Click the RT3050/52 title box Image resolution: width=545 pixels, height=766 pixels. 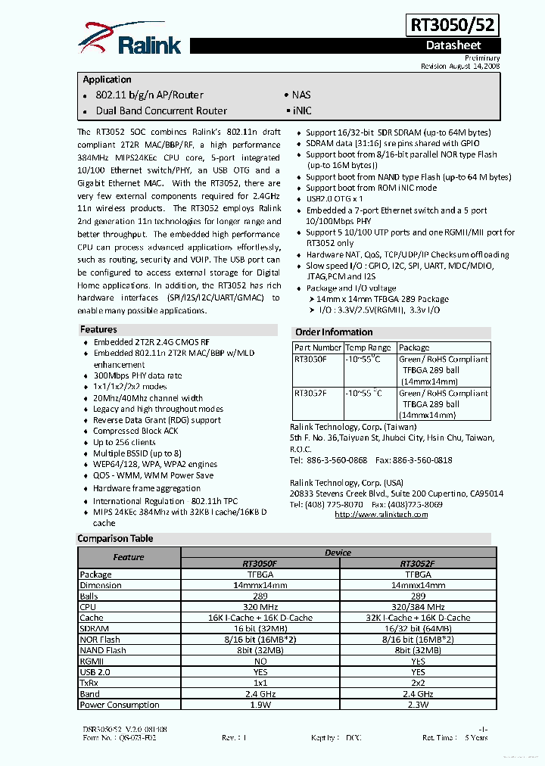[453, 25]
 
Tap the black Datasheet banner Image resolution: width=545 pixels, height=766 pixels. [453, 45]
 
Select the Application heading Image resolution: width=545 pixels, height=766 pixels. [107, 79]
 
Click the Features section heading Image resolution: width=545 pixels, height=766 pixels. [99, 329]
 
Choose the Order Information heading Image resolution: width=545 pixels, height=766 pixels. [334, 332]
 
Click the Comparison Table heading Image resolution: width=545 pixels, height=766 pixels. [115, 539]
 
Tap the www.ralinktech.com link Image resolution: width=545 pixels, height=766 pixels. [381, 515]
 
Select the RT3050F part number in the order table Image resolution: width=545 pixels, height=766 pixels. [310, 360]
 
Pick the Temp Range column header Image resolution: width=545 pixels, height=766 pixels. [369, 348]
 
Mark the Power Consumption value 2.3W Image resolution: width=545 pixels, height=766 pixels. [418, 705]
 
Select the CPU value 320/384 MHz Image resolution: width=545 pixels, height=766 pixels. [418, 606]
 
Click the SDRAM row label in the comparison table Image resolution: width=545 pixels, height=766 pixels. [95, 628]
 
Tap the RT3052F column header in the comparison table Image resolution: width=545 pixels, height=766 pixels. [418, 563]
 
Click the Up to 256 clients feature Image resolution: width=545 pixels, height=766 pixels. [124, 442]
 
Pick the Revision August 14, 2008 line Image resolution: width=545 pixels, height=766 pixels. [460, 67]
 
